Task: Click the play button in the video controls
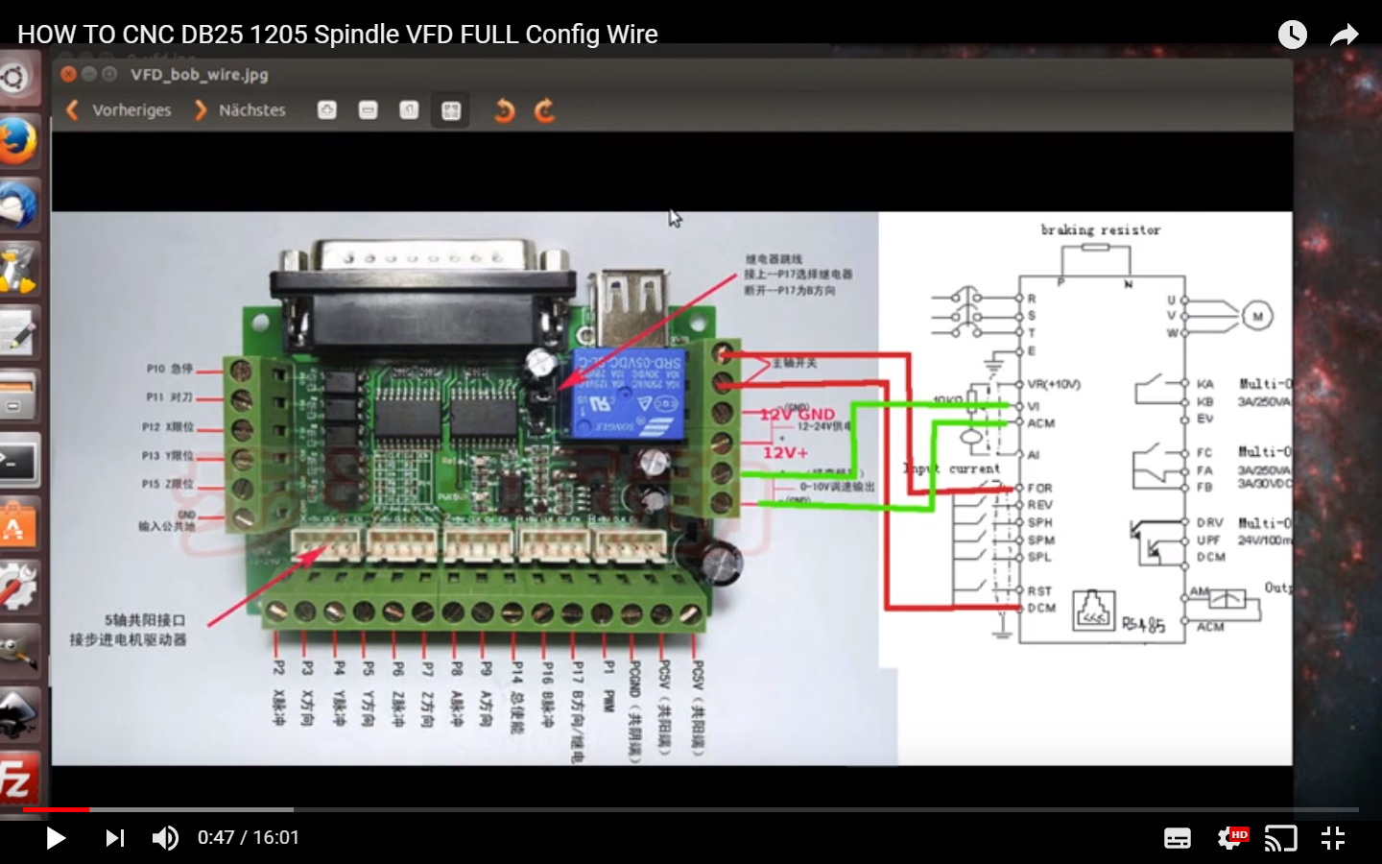(56, 838)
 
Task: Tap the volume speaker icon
(165, 838)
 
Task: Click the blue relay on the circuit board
(630, 394)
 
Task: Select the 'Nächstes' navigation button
(241, 110)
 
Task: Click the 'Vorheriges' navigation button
(119, 110)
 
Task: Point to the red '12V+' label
(785, 452)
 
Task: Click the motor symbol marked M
(1257, 316)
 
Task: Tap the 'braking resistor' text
(1101, 230)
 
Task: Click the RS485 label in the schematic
(1143, 625)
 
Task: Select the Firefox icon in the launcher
(17, 141)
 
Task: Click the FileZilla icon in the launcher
(17, 778)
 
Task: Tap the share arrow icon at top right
(1345, 36)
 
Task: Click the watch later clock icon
(1293, 36)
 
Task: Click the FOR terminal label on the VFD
(1040, 489)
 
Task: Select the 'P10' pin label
(155, 369)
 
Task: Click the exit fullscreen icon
(1333, 838)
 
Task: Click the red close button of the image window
(68, 74)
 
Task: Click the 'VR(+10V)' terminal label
(1054, 384)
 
